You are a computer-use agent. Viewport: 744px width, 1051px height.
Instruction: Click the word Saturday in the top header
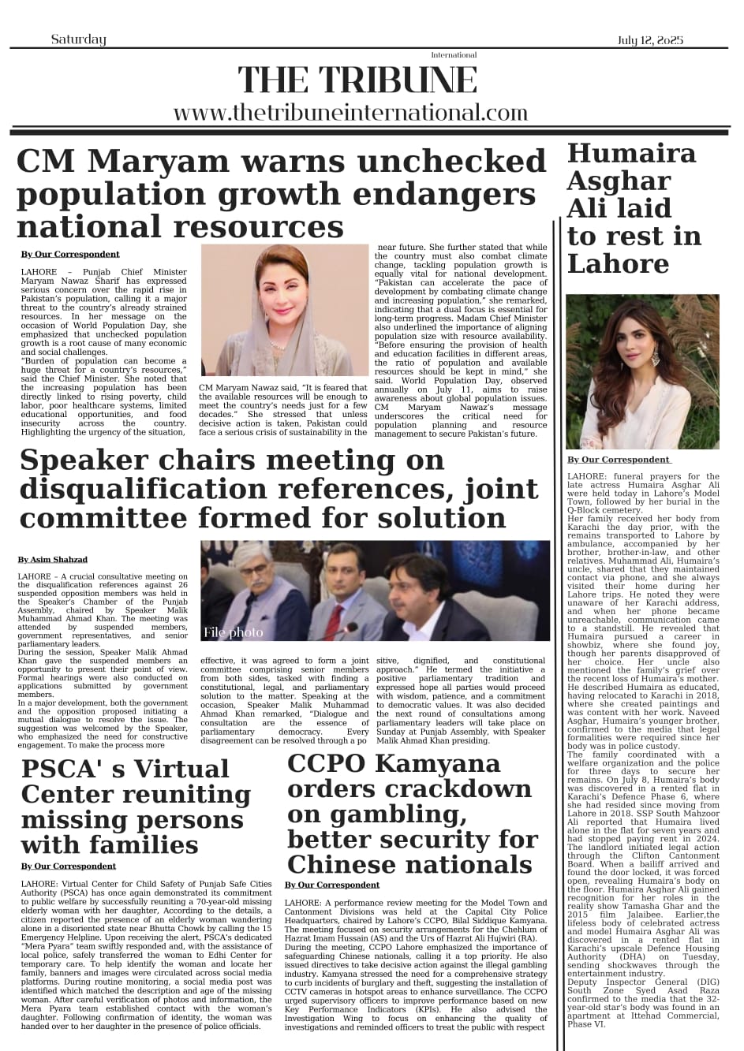pyautogui.click(x=78, y=39)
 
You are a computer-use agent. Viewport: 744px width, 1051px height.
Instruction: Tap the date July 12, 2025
pyautogui.click(x=650, y=40)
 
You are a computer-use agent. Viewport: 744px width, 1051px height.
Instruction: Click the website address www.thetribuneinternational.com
pyautogui.click(x=350, y=113)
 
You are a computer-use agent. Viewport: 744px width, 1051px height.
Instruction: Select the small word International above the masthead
pyautogui.click(x=454, y=55)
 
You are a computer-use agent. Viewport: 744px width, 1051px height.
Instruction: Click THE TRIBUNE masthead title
pyautogui.click(x=357, y=80)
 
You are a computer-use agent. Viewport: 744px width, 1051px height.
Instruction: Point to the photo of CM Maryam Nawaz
pyautogui.click(x=284, y=311)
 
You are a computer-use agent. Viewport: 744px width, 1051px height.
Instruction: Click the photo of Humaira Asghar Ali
pyautogui.click(x=631, y=372)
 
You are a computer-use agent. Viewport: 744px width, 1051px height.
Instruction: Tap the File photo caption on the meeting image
pyautogui.click(x=233, y=632)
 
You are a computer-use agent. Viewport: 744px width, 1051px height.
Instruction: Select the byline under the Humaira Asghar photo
pyautogui.click(x=619, y=459)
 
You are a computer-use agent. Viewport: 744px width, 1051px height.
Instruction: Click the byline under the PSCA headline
pyautogui.click(x=69, y=866)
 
